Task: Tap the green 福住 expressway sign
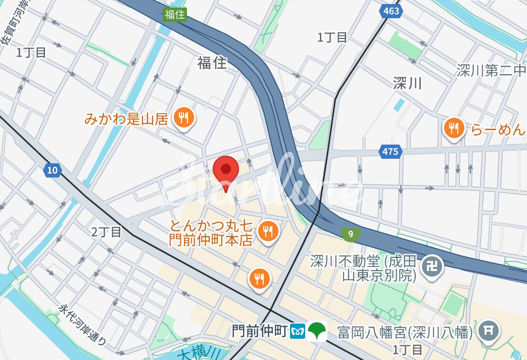pos(175,15)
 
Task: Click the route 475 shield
pos(390,151)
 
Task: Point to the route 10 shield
pos(53,170)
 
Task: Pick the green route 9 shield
pos(350,234)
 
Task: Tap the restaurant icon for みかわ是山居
pos(182,119)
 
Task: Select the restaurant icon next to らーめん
pos(454,128)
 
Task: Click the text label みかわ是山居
pos(126,119)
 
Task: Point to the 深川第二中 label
pos(491,70)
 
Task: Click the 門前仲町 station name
pos(260,331)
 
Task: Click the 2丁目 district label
pos(107,232)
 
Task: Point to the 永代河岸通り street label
pos(83,325)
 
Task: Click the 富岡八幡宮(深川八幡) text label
pos(405,332)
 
